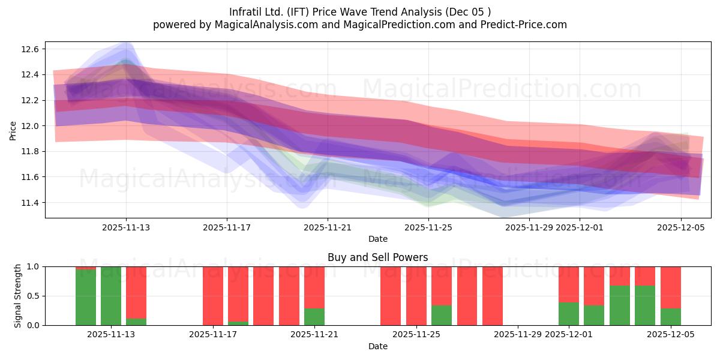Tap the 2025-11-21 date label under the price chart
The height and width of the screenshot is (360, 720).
click(327, 227)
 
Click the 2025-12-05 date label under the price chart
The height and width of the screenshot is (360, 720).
click(680, 227)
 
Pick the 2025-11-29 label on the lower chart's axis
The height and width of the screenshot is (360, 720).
click(517, 335)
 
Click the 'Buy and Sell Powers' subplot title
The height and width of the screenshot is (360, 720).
click(377, 257)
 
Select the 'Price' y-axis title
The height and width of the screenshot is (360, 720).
click(13, 130)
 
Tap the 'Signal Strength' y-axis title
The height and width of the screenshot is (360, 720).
click(18, 296)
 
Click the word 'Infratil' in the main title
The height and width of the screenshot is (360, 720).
click(246, 11)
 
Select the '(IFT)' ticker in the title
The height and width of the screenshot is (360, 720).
click(298, 11)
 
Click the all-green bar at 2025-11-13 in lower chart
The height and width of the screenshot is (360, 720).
click(111, 296)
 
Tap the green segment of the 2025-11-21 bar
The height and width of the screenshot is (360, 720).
click(314, 317)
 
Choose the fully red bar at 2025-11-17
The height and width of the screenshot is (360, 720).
click(213, 296)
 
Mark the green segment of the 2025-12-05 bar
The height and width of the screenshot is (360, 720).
click(671, 317)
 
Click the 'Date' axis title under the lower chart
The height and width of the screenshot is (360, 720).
click(377, 346)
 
